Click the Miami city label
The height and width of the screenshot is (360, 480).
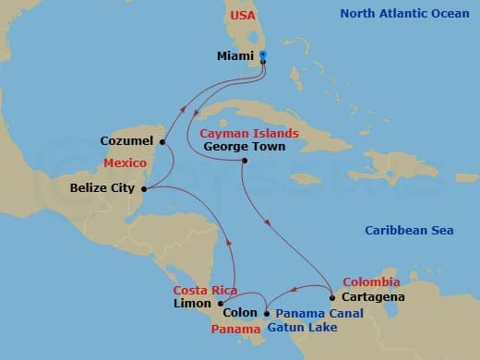tap(235, 56)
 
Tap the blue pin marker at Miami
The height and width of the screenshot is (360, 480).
tap(263, 57)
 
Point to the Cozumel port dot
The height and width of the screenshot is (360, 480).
tap(162, 142)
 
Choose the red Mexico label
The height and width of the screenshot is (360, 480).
tap(126, 162)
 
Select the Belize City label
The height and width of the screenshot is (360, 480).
tap(103, 188)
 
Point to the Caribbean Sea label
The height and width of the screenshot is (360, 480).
tap(409, 231)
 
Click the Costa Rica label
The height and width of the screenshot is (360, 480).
tap(205, 290)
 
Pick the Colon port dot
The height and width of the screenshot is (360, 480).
tap(266, 312)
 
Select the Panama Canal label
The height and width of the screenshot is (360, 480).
tap(318, 313)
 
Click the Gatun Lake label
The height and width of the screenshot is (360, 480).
tap(301, 327)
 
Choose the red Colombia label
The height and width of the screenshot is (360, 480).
tap(371, 282)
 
